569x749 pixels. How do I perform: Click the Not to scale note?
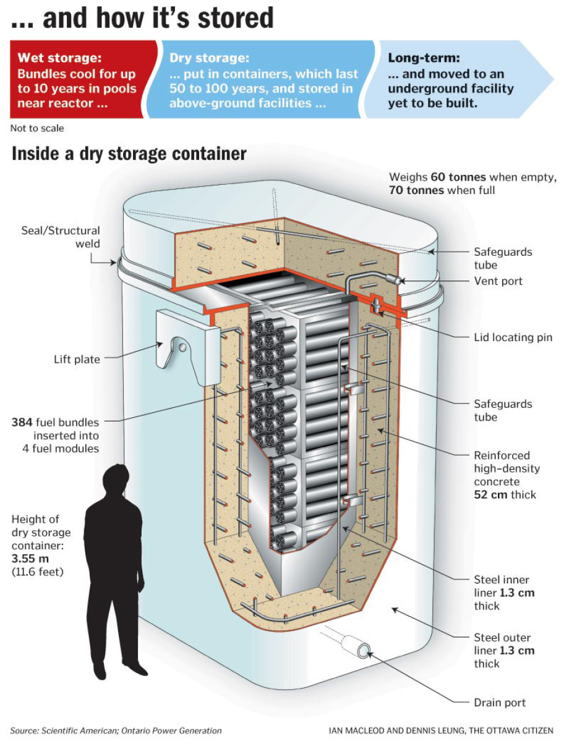pyautogui.click(x=37, y=129)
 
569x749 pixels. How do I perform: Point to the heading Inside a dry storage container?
pyautogui.click(x=129, y=154)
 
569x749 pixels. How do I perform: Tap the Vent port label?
pyautogui.click(x=498, y=281)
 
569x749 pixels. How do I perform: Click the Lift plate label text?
pyautogui.click(x=77, y=359)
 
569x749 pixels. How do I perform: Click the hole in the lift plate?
pyautogui.click(x=183, y=347)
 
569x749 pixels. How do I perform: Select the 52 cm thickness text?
pyautogui.click(x=492, y=494)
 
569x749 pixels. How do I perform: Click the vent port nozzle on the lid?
pyautogui.click(x=393, y=279)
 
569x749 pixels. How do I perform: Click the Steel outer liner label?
pyautogui.click(x=502, y=637)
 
